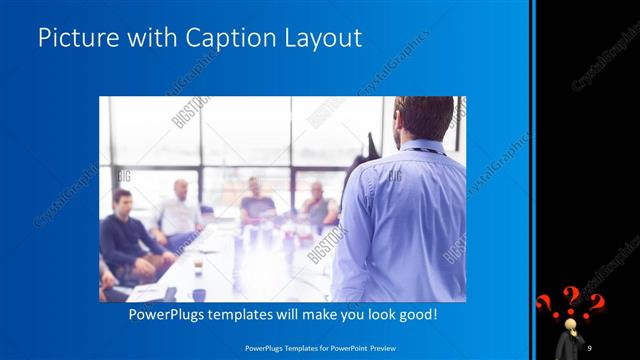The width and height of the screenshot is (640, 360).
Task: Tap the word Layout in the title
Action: pyautogui.click(x=317, y=38)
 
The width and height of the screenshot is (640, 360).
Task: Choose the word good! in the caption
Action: pyautogui.click(x=414, y=314)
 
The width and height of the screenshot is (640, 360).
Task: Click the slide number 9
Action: pyautogui.click(x=590, y=347)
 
